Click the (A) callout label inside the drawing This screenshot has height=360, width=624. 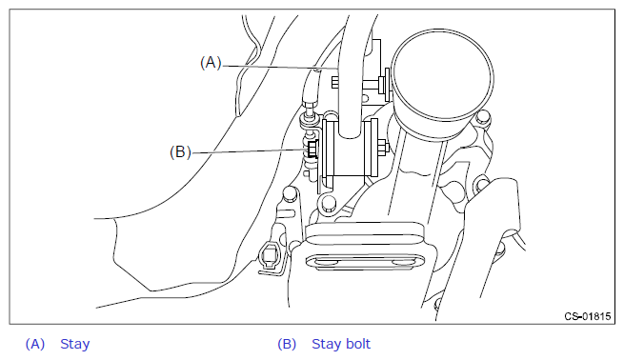211,63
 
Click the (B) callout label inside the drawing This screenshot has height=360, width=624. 180,152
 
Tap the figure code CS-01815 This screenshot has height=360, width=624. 588,316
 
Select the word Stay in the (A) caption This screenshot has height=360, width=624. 75,344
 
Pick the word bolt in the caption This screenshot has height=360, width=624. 357,344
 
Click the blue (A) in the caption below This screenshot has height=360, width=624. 35,344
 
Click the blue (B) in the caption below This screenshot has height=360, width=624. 287,344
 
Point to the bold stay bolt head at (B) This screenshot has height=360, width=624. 312,150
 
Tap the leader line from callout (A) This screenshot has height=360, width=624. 280,67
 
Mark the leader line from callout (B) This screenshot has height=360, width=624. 249,151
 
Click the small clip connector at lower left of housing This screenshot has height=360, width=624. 271,255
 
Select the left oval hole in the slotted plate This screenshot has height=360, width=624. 323,263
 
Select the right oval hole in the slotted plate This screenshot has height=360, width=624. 404,263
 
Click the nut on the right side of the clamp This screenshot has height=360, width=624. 383,148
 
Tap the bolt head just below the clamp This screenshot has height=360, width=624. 328,203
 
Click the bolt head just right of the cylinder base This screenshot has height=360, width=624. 483,117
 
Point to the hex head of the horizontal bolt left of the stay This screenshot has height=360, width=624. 334,83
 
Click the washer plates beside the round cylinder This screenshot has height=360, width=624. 384,85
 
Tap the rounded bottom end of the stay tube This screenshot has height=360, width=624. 350,133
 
